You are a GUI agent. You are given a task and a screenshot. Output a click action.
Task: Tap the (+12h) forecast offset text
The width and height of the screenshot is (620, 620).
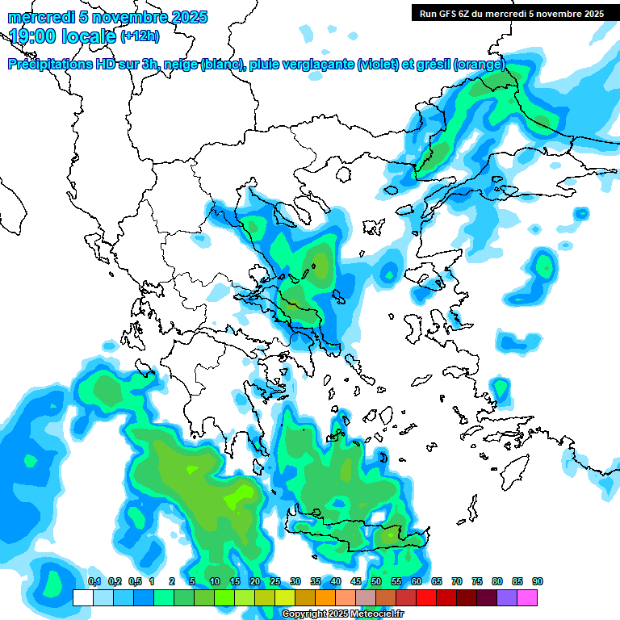point(139,36)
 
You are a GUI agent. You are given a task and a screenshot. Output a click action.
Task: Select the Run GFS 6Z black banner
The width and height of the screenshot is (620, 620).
point(512,13)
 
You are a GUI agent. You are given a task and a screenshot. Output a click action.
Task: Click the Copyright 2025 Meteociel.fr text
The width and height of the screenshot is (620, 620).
point(342,614)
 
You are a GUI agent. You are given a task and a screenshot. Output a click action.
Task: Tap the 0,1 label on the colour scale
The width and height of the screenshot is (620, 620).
point(94,582)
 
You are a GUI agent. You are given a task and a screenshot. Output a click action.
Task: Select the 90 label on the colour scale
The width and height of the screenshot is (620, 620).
point(537,582)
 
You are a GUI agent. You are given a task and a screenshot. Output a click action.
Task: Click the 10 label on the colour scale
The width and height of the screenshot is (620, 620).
point(214,582)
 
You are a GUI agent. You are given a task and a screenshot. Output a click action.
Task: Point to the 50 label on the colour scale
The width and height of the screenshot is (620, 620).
point(375,582)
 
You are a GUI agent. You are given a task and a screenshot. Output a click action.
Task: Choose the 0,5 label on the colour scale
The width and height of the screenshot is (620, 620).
point(134,582)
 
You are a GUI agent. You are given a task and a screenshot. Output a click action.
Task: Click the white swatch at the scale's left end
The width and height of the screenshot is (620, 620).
point(82,597)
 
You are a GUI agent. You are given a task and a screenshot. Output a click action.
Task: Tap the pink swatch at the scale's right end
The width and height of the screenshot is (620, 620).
point(527,597)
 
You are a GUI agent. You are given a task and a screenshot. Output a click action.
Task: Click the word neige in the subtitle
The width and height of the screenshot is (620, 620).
point(180,65)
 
